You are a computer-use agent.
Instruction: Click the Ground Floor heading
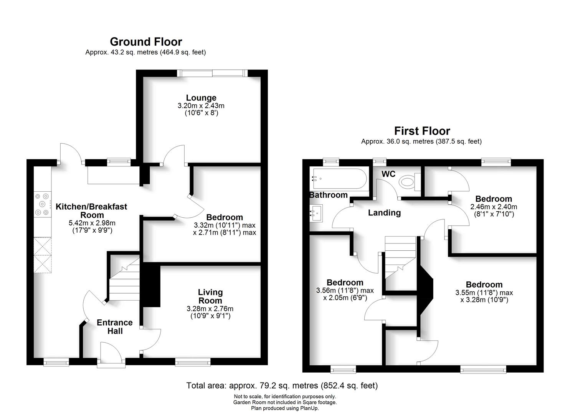click(146, 41)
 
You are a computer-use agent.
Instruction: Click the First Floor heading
click(422, 131)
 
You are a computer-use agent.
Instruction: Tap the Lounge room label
click(201, 98)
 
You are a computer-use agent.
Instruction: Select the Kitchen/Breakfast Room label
click(91, 210)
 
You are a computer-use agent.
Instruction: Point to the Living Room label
click(210, 296)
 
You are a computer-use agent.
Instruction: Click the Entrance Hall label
click(114, 327)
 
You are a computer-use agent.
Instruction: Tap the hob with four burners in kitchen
click(43, 204)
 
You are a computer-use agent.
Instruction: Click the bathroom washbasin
click(317, 212)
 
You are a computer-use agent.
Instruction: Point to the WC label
click(388, 174)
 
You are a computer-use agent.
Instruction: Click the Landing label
click(384, 213)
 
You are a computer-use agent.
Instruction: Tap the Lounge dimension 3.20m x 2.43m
click(201, 106)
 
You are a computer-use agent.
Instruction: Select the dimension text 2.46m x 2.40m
click(494, 207)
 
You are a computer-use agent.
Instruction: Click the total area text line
click(282, 385)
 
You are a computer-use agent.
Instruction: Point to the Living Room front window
click(193, 361)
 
